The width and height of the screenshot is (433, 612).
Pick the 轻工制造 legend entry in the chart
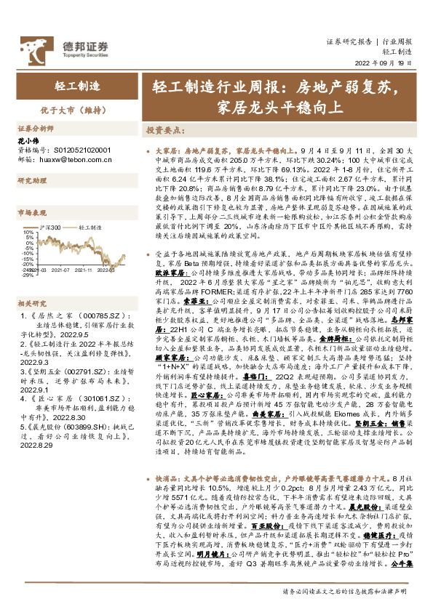(x=85, y=228)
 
